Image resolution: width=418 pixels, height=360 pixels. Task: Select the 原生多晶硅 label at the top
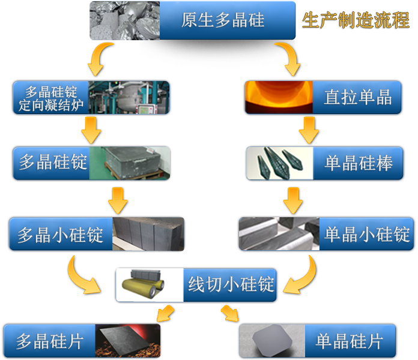tap(222, 20)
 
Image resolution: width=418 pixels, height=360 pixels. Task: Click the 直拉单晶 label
tap(358, 97)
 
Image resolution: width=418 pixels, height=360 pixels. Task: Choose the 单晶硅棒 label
tap(359, 163)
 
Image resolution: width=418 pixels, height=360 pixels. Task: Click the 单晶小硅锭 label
tap(367, 234)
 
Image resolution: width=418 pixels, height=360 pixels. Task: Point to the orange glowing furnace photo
tap(278, 98)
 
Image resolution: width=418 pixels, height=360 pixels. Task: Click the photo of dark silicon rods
tap(279, 163)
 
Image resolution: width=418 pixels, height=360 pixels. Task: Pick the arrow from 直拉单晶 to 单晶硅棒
tap(307, 130)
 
